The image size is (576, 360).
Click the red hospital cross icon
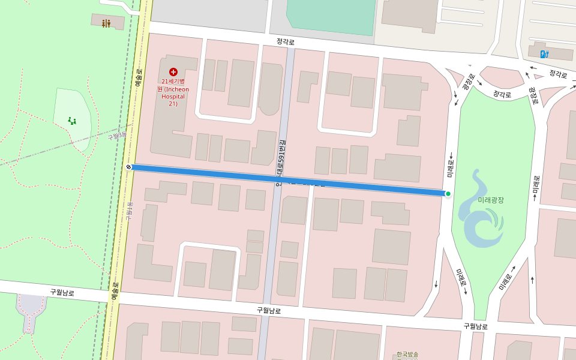tap(173, 71)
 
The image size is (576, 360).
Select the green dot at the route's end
tap(448, 193)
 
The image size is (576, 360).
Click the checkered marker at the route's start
tap(129, 167)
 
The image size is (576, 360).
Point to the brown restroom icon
tap(106, 23)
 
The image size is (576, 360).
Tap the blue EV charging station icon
tap(544, 54)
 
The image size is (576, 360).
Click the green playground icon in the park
tap(72, 121)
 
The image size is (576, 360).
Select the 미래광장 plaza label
tap(491, 200)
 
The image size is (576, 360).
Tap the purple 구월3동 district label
tap(118, 136)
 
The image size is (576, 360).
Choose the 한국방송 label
tap(407, 355)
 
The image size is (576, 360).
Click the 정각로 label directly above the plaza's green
tap(502, 94)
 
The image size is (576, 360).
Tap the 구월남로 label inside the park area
tap(62, 293)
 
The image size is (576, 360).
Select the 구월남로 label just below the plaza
tap(475, 326)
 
